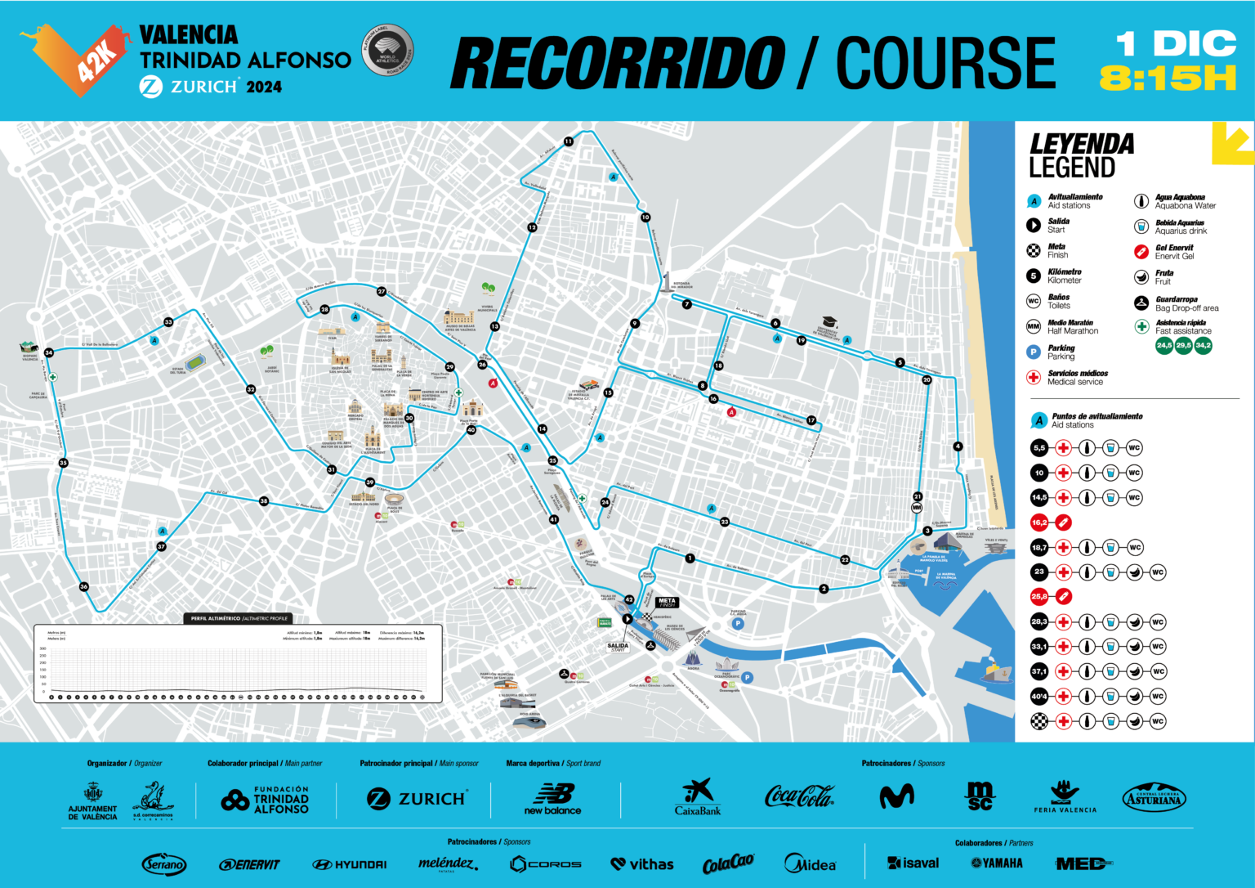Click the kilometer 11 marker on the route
click(569, 141)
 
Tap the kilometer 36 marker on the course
click(84, 586)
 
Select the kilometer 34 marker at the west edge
click(49, 352)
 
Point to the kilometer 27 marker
click(382, 291)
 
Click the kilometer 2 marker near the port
click(824, 589)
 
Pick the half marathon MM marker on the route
click(917, 508)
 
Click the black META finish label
click(667, 603)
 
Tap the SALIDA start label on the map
click(618, 646)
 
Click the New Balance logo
click(553, 798)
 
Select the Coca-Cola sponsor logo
click(798, 796)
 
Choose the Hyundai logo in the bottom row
click(350, 864)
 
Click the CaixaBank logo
click(698, 797)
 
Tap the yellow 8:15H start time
click(1168, 78)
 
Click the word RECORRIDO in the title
click(617, 63)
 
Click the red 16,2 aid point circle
click(1038, 522)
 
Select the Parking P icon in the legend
click(1034, 352)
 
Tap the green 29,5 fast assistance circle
click(1183, 346)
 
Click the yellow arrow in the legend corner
click(1232, 142)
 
